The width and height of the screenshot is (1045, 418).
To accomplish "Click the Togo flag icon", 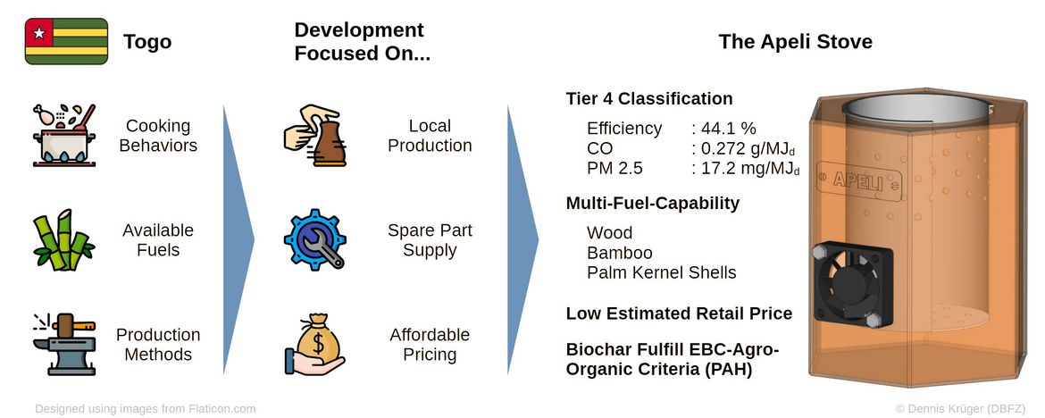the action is coord(66,41).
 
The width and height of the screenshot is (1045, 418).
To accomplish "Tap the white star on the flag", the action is coord(38,32).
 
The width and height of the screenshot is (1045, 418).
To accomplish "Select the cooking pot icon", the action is coord(64,135).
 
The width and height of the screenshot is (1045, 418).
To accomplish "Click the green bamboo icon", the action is coord(64,240).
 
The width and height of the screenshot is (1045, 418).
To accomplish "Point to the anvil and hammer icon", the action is coord(64,344).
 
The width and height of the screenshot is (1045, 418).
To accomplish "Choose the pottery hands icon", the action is coord(314,136).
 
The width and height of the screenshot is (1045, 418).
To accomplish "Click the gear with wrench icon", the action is coord(314,239).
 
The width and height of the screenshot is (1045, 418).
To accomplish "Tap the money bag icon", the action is coord(314,345).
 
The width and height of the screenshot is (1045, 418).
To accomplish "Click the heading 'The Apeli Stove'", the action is coord(795,42).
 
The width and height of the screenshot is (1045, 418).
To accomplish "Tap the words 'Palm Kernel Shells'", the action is coord(661,272).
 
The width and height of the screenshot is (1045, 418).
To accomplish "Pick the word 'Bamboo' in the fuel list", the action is coord(619,253).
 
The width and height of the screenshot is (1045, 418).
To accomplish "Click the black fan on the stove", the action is coord(852,285).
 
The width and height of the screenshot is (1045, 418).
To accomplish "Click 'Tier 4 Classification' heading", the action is coord(649,98).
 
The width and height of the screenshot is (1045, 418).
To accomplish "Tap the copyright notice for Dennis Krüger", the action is coord(965,408).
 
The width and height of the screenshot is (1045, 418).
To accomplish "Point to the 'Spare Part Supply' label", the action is coord(430,240).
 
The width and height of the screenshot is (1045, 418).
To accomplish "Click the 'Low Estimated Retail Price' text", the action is coord(679,313).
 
